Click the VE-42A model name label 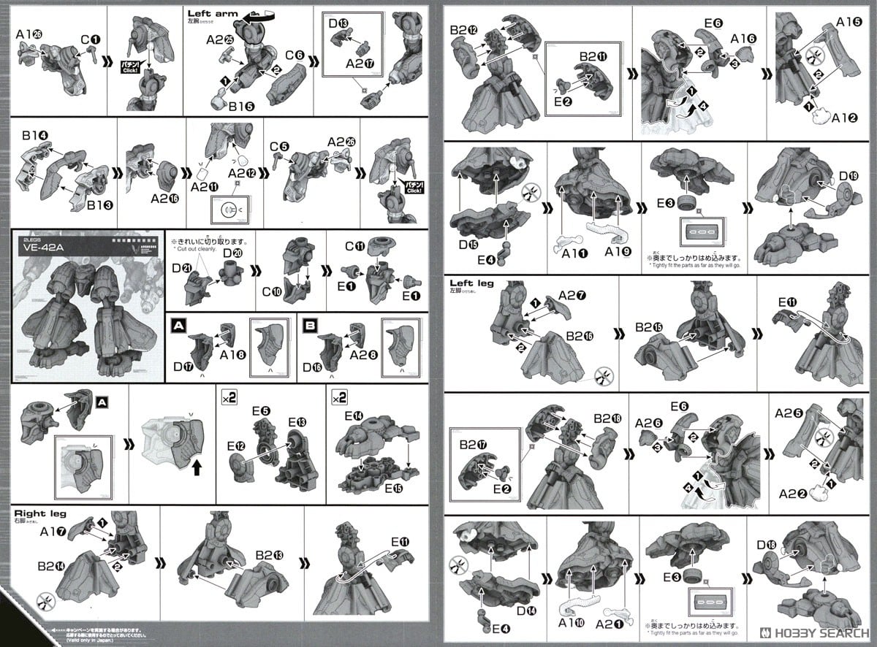(45, 246)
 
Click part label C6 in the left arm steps (295, 55)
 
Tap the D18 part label (767, 544)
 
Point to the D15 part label (468, 243)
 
